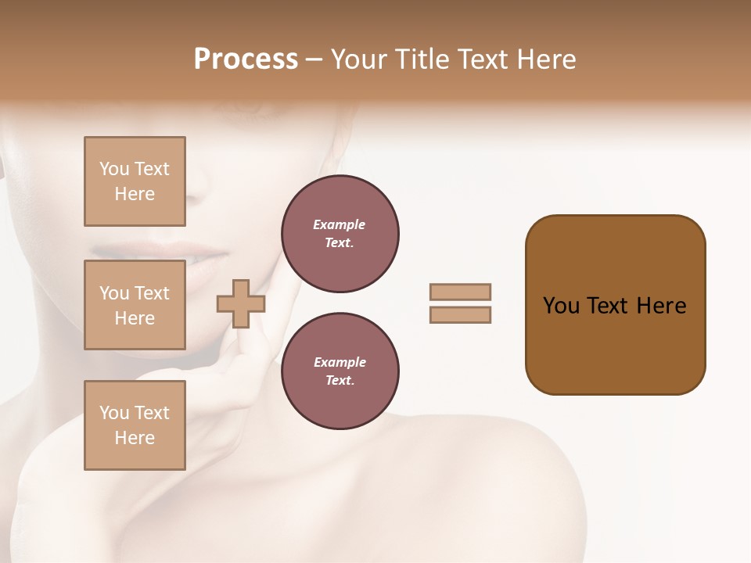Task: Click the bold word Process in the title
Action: (246, 59)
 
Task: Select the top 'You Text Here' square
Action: (135, 181)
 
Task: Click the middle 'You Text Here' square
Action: (135, 305)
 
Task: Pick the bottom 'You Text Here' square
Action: (135, 425)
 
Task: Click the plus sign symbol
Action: (241, 303)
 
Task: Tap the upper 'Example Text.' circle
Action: (340, 234)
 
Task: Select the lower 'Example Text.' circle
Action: (340, 371)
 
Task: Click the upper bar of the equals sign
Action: (461, 292)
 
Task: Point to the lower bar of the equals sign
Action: (461, 315)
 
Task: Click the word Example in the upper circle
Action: (340, 224)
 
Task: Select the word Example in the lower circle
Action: (340, 362)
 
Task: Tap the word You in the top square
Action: (114, 169)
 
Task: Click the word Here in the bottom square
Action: (135, 438)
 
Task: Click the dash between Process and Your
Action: (314, 60)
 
